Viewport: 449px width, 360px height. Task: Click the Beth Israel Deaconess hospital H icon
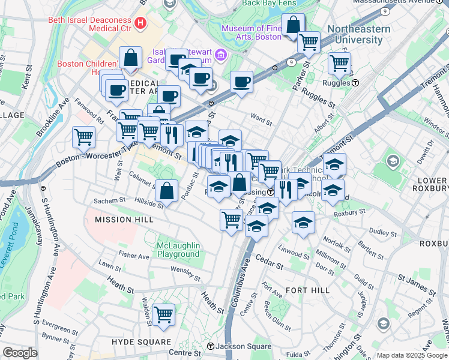click(x=140, y=24)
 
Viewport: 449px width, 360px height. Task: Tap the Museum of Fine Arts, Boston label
click(x=251, y=32)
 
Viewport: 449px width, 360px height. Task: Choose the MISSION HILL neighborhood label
click(x=121, y=220)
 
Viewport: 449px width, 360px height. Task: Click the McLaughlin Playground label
click(x=178, y=250)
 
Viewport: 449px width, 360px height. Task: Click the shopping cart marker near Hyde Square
click(x=163, y=314)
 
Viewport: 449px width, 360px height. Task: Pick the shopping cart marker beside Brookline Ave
click(x=83, y=136)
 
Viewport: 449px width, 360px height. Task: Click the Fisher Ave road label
click(x=134, y=256)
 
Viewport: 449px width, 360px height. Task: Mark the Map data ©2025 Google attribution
click(x=411, y=355)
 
